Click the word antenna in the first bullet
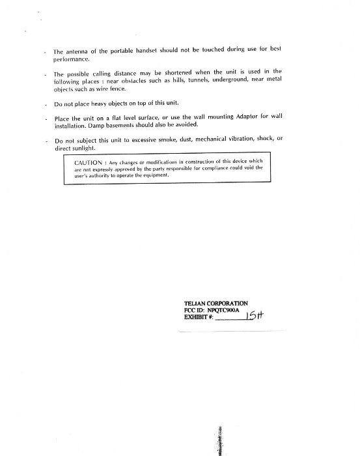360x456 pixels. [x=77, y=51]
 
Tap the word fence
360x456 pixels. [x=117, y=89]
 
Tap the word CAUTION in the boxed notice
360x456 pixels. [x=89, y=162]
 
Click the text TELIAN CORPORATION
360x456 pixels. [x=216, y=304]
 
